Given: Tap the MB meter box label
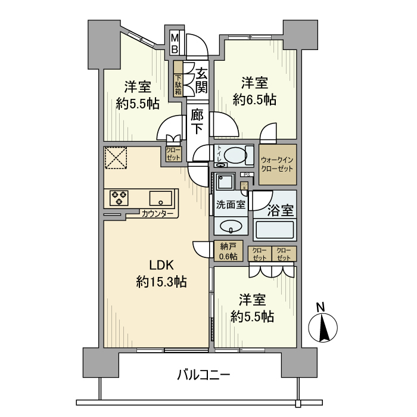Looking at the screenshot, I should point(175,43).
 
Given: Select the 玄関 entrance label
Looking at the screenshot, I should point(201,81).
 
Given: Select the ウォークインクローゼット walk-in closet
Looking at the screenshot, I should point(278,163).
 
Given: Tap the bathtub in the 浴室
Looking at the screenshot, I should point(275,229).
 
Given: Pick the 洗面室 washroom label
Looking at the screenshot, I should point(230,204).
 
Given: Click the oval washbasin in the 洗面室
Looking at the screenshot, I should point(230,226).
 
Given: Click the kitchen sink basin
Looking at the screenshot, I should point(161,198).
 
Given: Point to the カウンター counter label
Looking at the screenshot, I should point(158,214).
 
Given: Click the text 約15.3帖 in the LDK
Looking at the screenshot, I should point(161,282).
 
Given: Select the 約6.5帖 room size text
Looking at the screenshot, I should point(254,99).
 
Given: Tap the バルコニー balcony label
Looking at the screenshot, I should point(203,375).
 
